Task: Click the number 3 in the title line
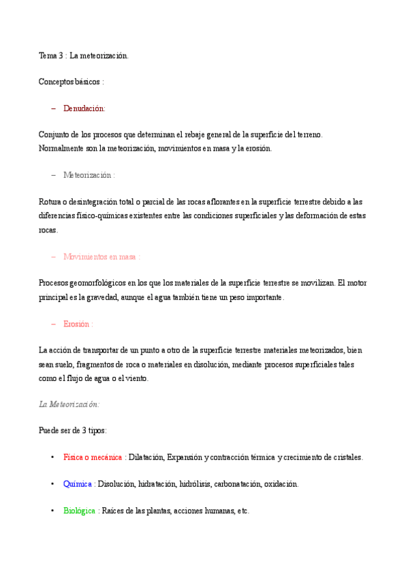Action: pos(61,56)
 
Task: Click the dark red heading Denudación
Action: pos(84,108)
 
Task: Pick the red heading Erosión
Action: pos(76,324)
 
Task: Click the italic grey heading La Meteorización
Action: pos(69,404)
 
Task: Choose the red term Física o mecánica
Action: pos(93,457)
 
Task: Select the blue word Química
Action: pos(77,484)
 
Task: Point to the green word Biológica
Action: pos(79,511)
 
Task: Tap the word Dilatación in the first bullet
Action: pos(145,457)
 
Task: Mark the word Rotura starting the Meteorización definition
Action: pos(50,201)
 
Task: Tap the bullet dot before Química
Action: pos(53,484)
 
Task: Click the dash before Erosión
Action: pos(53,324)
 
